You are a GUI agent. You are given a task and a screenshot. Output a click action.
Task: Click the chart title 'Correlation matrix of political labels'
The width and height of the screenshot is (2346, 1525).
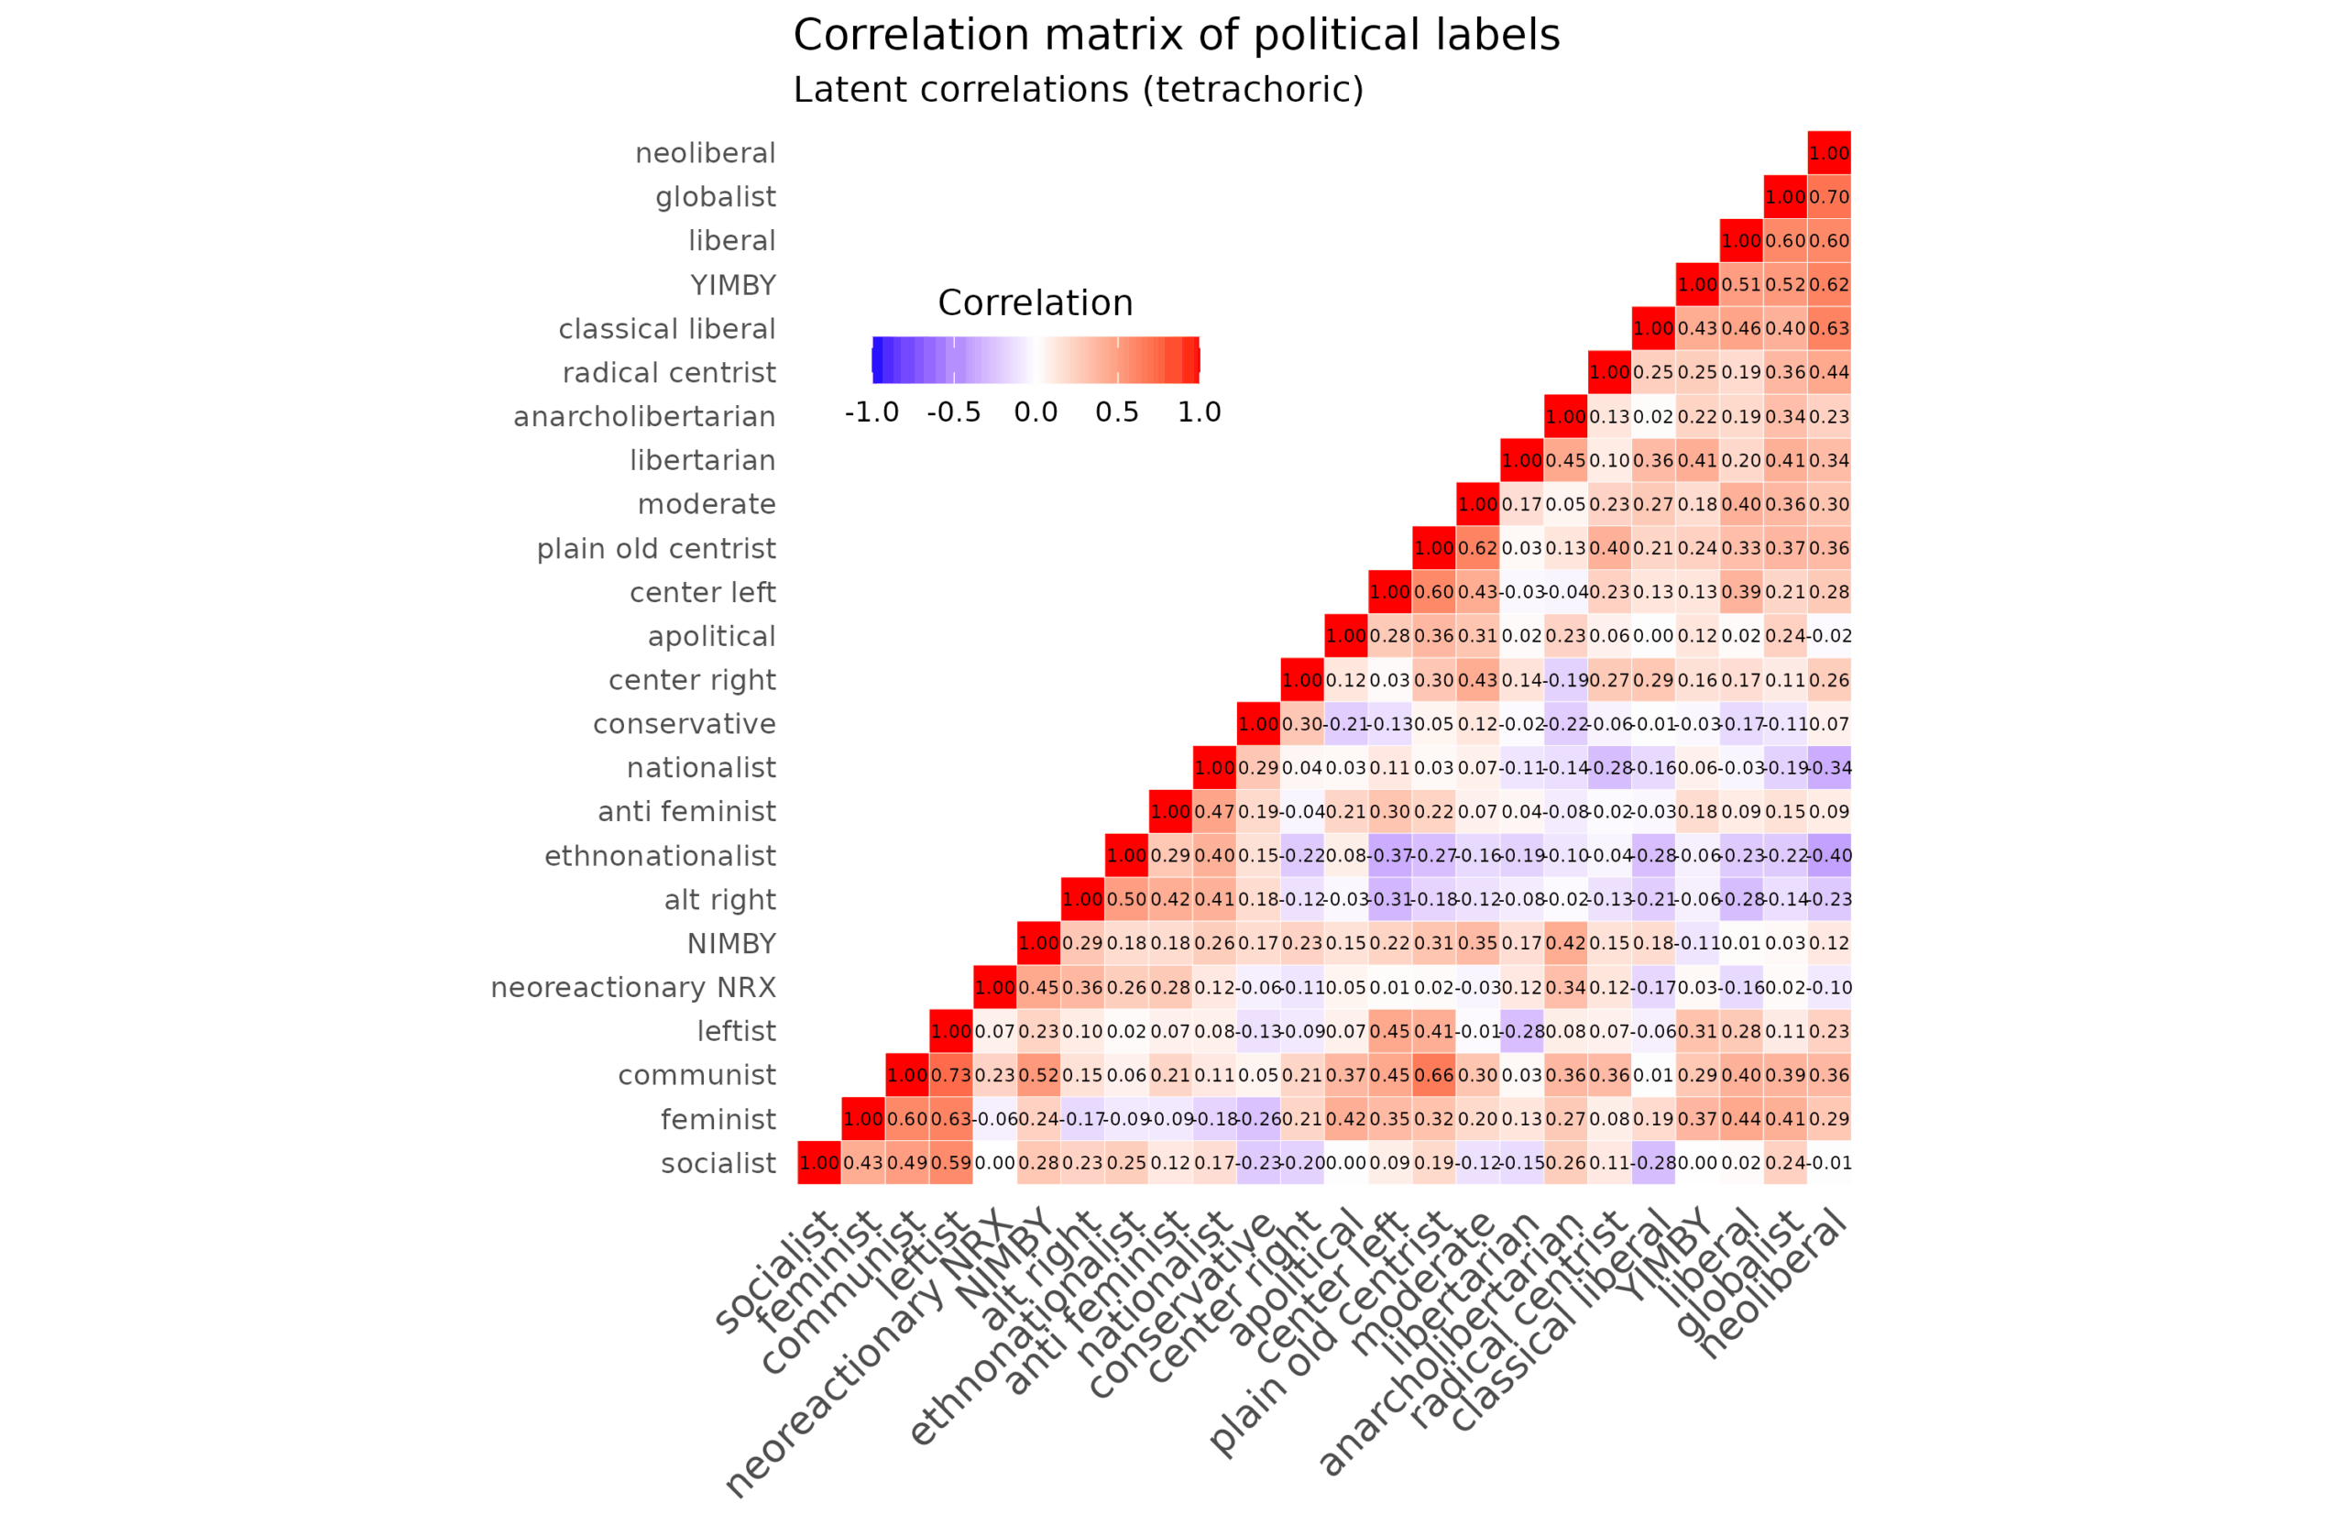[1176, 36]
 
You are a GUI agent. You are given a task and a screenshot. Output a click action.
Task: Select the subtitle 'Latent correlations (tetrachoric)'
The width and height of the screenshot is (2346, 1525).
[1079, 90]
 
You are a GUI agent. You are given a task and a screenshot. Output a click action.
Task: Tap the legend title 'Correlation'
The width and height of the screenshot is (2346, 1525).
[1035, 302]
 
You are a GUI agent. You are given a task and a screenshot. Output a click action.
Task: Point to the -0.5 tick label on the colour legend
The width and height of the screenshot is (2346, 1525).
[953, 412]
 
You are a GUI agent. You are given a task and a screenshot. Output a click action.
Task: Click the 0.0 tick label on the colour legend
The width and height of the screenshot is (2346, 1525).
[1035, 412]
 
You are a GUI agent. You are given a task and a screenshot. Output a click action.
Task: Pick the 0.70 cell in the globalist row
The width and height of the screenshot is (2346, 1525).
[1828, 197]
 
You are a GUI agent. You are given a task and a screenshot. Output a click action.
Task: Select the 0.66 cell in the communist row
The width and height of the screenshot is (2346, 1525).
[1433, 1074]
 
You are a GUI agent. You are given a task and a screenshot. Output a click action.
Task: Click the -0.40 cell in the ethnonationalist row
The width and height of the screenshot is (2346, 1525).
[1828, 856]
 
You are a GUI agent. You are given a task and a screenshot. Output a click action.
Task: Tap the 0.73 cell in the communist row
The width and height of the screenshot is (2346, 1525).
[950, 1074]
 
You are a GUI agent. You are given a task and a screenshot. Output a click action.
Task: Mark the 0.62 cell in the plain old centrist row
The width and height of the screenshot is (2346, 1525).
[1477, 548]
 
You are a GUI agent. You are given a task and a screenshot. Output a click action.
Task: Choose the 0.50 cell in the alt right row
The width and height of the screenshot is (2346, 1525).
[1125, 899]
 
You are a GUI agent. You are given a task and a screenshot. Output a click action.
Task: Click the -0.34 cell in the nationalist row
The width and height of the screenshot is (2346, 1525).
[1828, 768]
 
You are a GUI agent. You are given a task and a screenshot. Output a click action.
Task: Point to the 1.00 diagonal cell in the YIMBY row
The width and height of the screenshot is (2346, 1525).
[1696, 285]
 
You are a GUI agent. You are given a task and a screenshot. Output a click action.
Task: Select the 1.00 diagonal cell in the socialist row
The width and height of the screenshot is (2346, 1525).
[819, 1162]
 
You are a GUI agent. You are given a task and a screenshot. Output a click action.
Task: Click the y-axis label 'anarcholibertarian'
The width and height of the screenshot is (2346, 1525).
[643, 417]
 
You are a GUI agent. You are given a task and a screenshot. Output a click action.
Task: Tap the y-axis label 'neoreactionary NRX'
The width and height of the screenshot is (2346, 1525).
[633, 988]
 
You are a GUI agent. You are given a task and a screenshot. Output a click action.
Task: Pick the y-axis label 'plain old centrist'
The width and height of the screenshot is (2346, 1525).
[655, 549]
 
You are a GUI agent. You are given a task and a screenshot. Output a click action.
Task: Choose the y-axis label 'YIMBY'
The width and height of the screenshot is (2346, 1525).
[732, 286]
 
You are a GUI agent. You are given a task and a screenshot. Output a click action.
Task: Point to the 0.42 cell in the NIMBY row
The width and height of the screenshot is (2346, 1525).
[1565, 943]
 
